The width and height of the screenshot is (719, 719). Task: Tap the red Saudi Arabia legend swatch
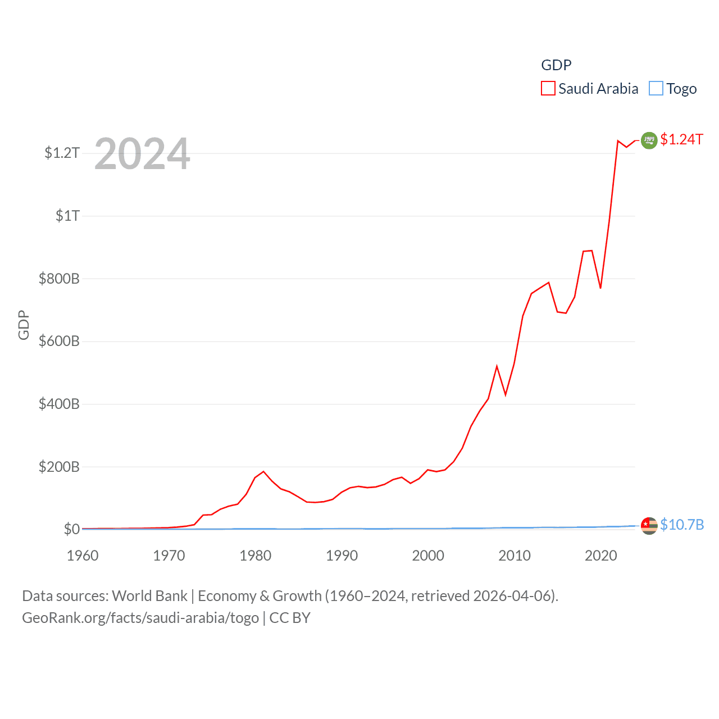tap(548, 89)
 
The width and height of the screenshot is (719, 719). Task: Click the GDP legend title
tap(556, 65)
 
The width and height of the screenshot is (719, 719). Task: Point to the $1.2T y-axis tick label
tap(62, 153)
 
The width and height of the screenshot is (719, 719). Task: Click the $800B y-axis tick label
tap(58, 279)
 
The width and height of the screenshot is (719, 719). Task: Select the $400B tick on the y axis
tap(58, 404)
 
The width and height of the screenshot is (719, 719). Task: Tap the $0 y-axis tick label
tap(71, 529)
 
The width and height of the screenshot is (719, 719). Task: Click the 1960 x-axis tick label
tap(83, 556)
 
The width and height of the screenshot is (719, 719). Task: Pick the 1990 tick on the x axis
tap(342, 556)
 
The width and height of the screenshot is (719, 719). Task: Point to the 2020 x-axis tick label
tap(600, 556)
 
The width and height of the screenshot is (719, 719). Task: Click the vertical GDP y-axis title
tap(24, 325)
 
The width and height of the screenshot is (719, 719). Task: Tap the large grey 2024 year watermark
tap(142, 154)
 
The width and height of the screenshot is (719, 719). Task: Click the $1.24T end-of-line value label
tap(681, 139)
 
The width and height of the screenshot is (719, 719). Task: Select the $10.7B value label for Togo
tap(681, 525)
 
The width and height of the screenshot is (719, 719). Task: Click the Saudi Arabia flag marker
tap(649, 140)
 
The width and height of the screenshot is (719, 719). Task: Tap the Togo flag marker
tap(649, 526)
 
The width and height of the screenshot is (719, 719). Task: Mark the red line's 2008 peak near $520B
tap(497, 366)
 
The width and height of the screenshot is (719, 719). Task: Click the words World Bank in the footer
tap(149, 595)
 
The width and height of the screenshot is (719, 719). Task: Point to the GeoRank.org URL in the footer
tap(140, 618)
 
